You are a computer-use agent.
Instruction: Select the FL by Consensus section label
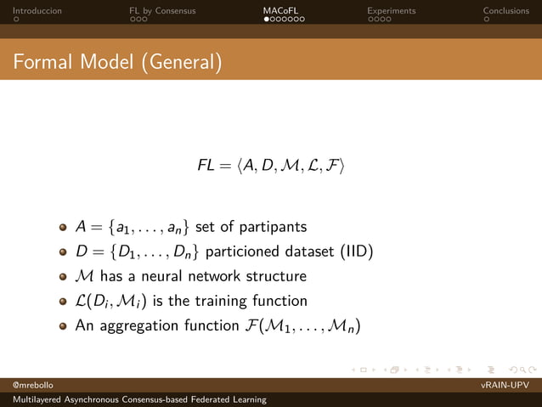tap(162, 11)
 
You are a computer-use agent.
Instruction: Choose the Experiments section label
tap(391, 11)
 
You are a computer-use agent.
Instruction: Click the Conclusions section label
tap(505, 11)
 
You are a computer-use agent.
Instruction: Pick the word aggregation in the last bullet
tap(138, 325)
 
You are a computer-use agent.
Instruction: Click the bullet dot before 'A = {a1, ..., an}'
tap(63, 228)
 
